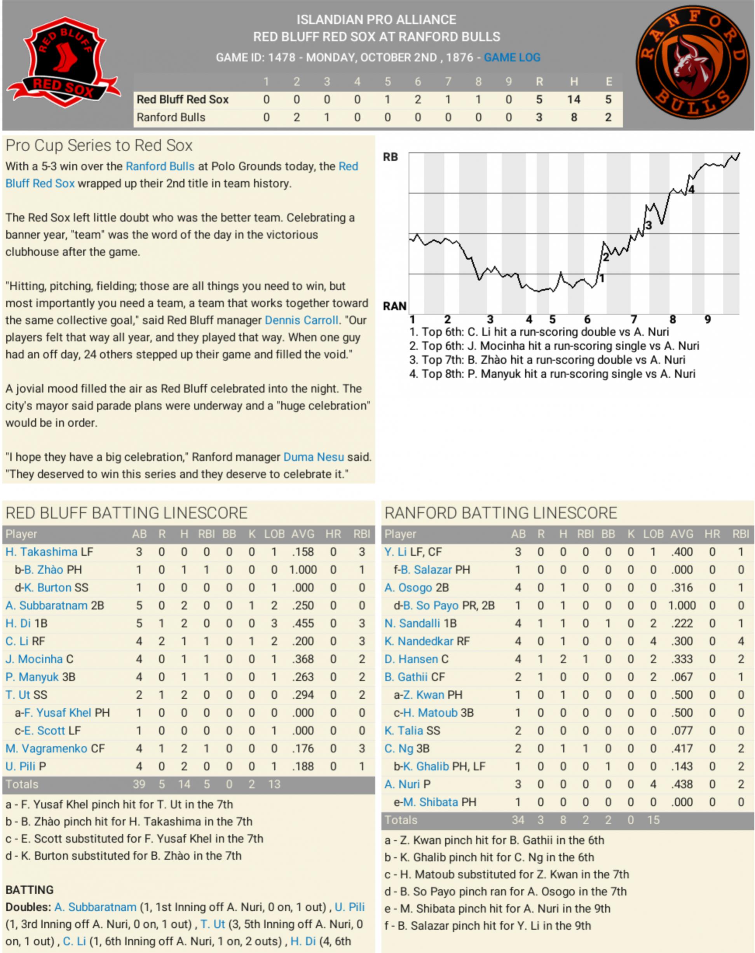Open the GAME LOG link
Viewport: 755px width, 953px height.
[512, 58]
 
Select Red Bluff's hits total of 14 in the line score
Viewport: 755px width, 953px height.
[574, 100]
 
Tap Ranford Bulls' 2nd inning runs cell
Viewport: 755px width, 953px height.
[296, 117]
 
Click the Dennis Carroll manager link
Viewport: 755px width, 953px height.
[301, 320]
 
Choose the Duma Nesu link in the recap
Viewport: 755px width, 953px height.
[313, 456]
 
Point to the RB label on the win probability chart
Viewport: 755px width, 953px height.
[390, 157]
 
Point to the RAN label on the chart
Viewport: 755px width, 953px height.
[394, 306]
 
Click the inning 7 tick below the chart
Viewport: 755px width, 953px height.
[633, 319]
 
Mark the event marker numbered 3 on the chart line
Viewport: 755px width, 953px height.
[648, 226]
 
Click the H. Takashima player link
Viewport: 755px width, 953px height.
[42, 552]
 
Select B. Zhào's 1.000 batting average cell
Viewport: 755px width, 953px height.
[303, 570]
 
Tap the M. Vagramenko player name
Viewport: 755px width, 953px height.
[46, 748]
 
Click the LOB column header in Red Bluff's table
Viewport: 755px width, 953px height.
[274, 534]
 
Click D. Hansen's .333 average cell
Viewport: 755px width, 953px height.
[682, 659]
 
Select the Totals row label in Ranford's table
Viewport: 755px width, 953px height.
[401, 820]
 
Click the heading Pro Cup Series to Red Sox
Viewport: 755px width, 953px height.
[99, 145]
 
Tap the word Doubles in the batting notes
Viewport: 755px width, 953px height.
[28, 907]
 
